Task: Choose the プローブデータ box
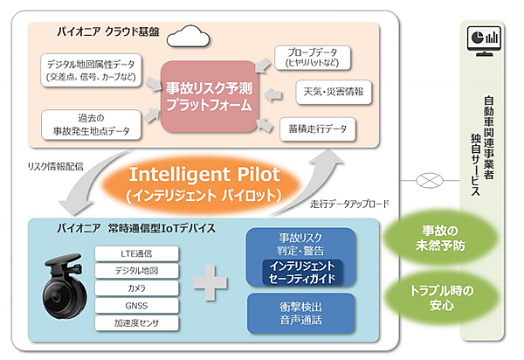click(x=308, y=57)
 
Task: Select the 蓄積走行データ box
click(x=317, y=128)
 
